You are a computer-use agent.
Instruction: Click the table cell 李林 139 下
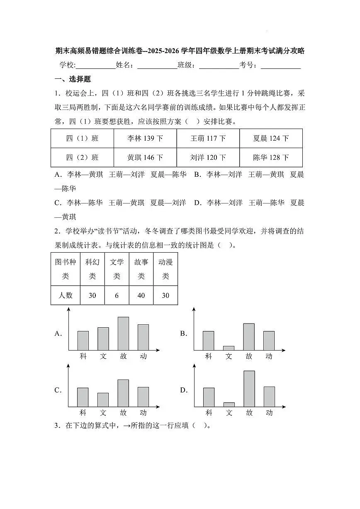pos(145,139)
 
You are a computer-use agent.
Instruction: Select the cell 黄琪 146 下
pos(145,158)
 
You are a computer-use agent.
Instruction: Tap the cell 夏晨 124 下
pos(271,139)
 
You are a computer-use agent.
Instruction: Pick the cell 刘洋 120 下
pos(208,158)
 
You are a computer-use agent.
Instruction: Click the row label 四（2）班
pos(83,158)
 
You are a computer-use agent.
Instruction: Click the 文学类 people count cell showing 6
pos(117,295)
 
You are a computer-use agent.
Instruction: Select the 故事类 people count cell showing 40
pos(141,295)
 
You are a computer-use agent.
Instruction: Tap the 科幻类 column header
pos(92,269)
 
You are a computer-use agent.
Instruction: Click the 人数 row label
pos(66,295)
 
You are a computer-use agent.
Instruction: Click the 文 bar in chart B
pos(229,348)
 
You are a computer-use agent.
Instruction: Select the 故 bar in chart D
pos(249,389)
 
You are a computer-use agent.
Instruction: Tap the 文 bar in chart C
pos(103,400)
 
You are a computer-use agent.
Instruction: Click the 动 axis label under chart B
pos(269,356)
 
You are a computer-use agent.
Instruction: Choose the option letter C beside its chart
pos(58,390)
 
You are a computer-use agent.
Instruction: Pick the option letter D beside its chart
pos(183,390)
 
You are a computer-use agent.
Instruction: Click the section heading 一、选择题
pos(73,79)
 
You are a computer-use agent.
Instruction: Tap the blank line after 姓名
pos(157,66)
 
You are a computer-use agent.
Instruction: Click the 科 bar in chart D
pos(209,397)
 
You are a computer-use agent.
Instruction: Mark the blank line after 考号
pos(281,66)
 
